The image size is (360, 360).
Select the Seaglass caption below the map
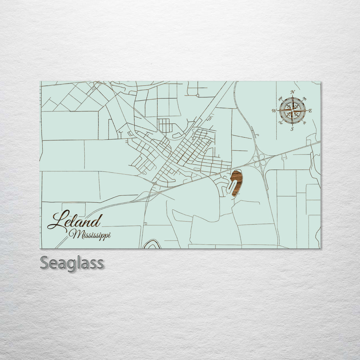click(x=72, y=263)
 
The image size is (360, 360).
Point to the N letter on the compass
click(x=292, y=92)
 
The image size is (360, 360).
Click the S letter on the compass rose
click(x=292, y=129)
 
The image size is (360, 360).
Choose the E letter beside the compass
click(x=310, y=111)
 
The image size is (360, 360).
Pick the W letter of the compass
click(x=274, y=111)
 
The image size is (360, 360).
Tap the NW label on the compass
click(x=280, y=98)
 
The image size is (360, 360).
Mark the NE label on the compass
click(x=304, y=98)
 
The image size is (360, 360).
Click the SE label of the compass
click(x=304, y=123)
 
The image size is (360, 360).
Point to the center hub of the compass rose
click(x=292, y=110)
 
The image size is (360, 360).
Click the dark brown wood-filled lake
click(x=238, y=182)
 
